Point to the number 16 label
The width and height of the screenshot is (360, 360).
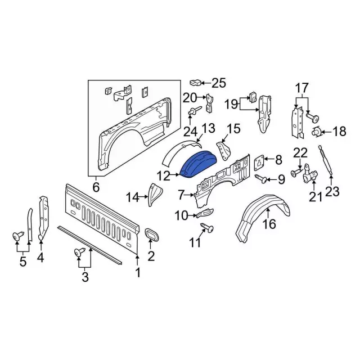tap(269, 225)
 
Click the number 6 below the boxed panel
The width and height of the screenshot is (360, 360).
tap(96, 187)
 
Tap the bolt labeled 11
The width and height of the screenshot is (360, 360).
tap(205, 229)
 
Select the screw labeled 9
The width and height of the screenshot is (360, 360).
tap(263, 179)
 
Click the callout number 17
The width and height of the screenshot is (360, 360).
tap(302, 88)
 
